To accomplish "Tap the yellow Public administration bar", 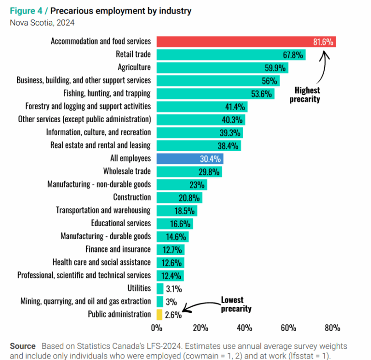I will (x=159, y=315).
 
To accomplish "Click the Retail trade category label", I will (x=133, y=55).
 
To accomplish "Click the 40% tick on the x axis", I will (x=244, y=328).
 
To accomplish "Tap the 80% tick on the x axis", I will (x=332, y=328).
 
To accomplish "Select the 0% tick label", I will (x=157, y=328).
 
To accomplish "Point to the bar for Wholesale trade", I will (x=184, y=172).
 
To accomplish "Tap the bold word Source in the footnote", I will (x=23, y=346).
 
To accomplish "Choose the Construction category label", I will (x=132, y=197).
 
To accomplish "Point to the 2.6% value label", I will (x=173, y=315).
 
